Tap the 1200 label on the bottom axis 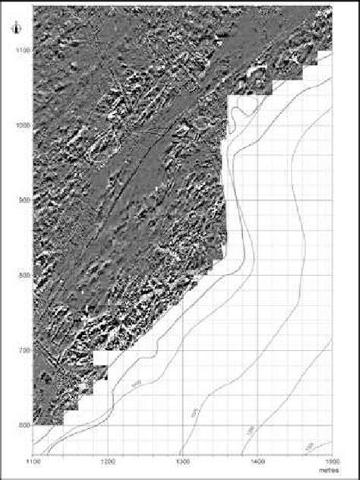pos(108,460)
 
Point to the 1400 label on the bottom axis pos(257,460)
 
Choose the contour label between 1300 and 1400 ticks pos(250,431)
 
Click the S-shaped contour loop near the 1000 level pos(242,114)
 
